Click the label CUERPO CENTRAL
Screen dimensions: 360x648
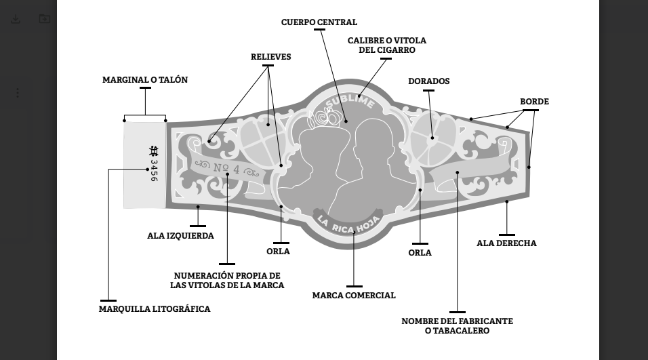319,22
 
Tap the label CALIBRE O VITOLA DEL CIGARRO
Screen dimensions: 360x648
386,45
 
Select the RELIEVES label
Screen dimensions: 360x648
270,57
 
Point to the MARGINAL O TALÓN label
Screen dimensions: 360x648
145,80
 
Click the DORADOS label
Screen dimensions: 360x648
428,81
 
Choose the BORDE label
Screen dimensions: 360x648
534,102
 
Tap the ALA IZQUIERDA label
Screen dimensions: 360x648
180,236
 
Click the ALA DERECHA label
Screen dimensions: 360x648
506,243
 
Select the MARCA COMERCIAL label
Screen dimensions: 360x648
354,296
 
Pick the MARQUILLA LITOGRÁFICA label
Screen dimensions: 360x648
155,309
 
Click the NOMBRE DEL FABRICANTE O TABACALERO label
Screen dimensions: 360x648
457,325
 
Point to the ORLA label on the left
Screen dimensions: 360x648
278,252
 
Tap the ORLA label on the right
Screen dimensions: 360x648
420,253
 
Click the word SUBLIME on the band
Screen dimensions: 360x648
349,102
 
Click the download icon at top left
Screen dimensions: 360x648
16,19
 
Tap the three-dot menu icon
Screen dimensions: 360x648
18,93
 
